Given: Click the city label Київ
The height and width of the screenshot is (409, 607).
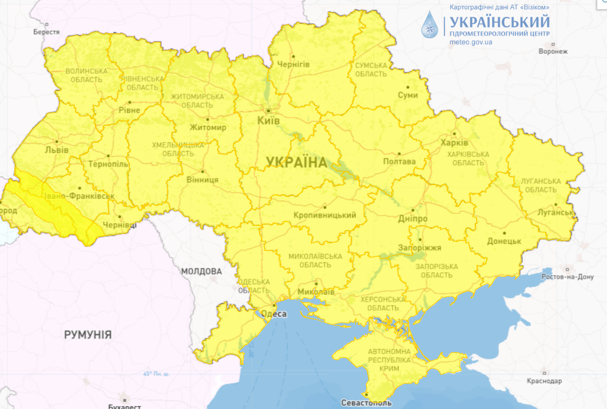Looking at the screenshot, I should click(269, 121).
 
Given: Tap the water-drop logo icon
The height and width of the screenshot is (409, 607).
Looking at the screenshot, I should click(430, 25).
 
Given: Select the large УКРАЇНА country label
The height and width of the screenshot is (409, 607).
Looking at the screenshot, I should click(296, 162).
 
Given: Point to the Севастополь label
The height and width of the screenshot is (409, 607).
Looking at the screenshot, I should click(366, 403).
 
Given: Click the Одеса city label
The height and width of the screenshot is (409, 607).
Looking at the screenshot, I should click(273, 313).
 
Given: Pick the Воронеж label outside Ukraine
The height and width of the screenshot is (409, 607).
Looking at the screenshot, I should click(553, 51).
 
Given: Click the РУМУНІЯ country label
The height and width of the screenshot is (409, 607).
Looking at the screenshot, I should click(88, 335).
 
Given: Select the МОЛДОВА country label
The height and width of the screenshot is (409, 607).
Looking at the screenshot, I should click(201, 271).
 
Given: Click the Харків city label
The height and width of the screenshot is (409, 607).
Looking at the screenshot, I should click(454, 142).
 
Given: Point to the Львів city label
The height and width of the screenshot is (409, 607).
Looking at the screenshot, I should click(56, 150).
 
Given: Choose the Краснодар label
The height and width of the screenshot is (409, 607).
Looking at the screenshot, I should click(545, 380).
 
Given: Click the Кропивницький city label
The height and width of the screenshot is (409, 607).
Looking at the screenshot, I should click(324, 215).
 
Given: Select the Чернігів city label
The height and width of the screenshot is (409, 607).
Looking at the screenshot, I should click(293, 65).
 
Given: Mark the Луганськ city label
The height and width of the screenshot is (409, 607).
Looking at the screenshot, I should click(556, 212).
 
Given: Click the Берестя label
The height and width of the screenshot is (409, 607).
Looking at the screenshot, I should click(46, 32).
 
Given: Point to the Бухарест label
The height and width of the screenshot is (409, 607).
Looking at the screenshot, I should click(124, 407).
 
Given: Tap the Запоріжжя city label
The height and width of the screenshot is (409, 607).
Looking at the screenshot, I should click(420, 248).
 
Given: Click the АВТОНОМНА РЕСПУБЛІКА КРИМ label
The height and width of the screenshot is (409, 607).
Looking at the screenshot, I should click(389, 360).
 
